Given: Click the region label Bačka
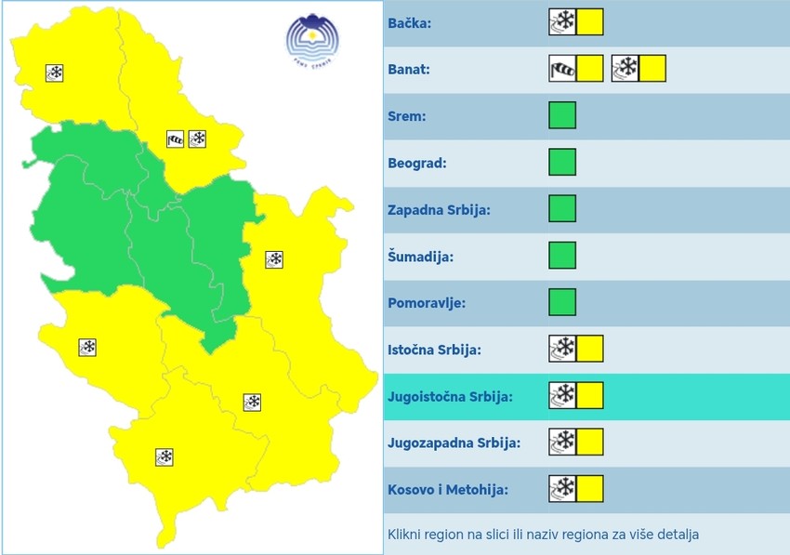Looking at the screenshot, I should [x=409, y=22].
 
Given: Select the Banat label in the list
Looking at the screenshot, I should [x=408, y=69].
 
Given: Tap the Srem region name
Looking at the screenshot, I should [x=407, y=116].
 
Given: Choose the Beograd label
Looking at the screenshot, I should [x=417, y=163].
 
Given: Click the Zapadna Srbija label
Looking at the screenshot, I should [x=439, y=209].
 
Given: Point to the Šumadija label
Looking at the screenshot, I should [x=420, y=256].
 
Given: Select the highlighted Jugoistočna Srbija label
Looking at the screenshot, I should [x=450, y=396].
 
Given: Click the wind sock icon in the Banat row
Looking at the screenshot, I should [x=562, y=69].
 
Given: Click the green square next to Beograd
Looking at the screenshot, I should [x=562, y=162].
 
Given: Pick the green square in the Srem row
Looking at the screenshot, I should [x=562, y=115].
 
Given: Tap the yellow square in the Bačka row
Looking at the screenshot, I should [x=590, y=22].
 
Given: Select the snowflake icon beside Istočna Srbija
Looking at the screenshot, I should [x=562, y=349].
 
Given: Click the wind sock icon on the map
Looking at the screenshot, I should [x=176, y=139].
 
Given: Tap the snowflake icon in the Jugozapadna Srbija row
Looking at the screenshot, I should [x=562, y=442].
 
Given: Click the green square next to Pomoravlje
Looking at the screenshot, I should [x=562, y=302].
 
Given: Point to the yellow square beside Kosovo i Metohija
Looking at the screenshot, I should [x=590, y=488].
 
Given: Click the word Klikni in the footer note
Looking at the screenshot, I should [x=406, y=535].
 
